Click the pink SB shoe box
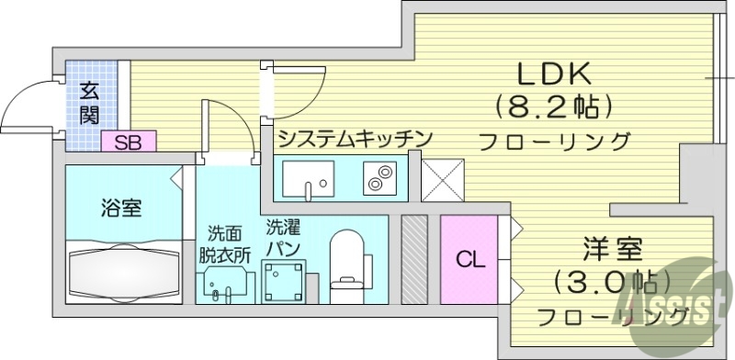click(129, 141)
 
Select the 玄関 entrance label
click(89, 102)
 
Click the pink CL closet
click(468, 259)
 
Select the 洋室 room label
click(611, 248)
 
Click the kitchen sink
click(308, 177)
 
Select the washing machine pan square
click(282, 278)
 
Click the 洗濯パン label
click(283, 236)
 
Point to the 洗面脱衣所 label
click(224, 244)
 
